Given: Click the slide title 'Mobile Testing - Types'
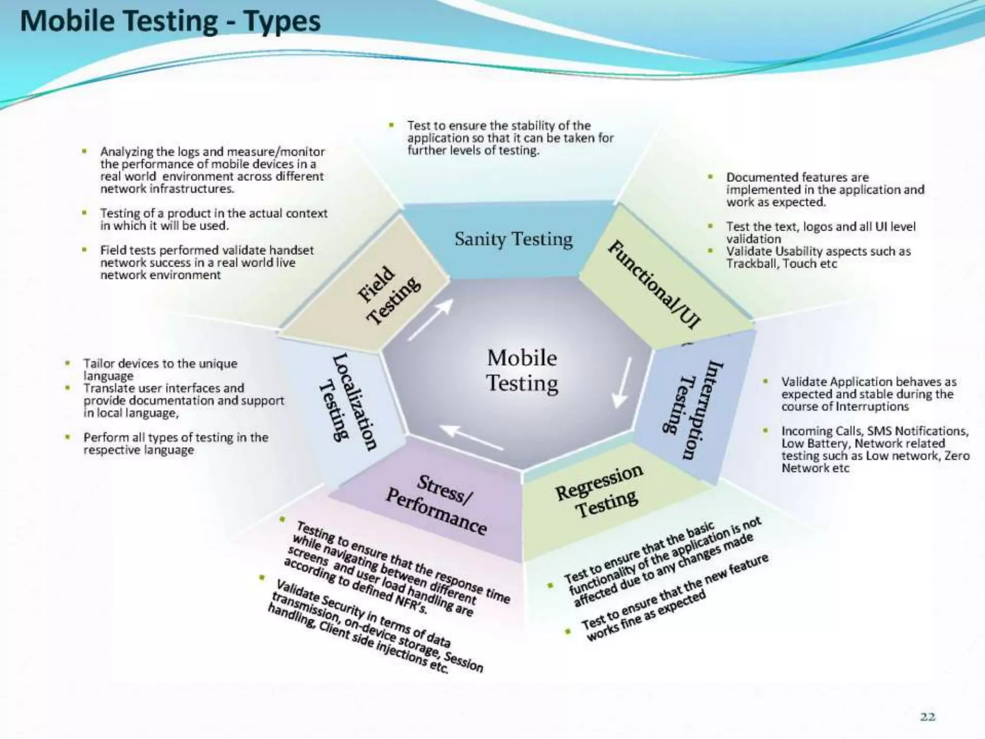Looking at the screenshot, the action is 170,22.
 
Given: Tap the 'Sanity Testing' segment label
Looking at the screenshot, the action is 514,239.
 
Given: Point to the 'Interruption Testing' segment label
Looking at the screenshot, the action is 692,409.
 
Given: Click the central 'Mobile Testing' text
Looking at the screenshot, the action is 522,370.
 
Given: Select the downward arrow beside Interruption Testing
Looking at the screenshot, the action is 623,382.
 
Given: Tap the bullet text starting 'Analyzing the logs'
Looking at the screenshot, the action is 212,170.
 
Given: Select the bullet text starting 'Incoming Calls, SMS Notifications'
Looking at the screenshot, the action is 875,449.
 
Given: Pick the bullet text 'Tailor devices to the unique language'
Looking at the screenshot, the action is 160,369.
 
